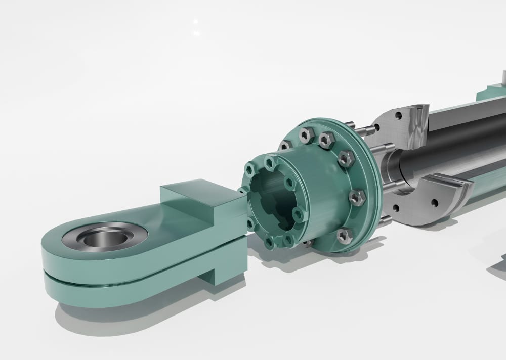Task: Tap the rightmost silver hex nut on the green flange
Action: [x=357, y=197]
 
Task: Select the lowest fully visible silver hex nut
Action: [x=345, y=234]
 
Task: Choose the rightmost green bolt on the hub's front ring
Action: [x=299, y=214]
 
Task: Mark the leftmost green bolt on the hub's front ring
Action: [x=249, y=170]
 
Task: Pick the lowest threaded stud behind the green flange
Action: [x=385, y=220]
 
